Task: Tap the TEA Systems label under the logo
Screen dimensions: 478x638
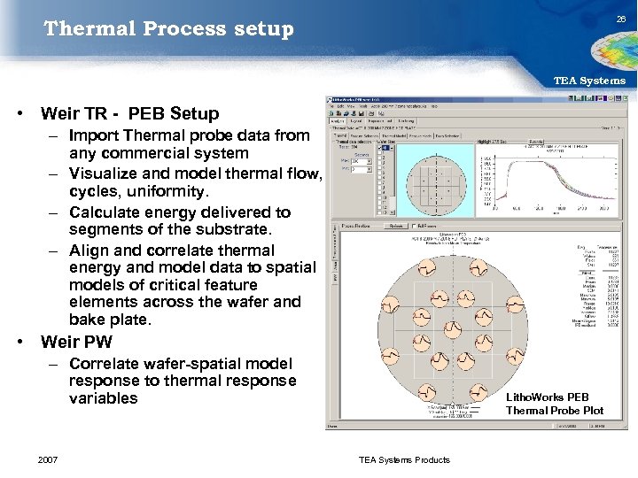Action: tap(589, 81)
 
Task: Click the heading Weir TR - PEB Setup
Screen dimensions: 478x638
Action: tap(129, 113)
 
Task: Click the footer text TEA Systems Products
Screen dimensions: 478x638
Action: tap(404, 459)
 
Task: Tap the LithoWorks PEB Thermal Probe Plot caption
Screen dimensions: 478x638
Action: tap(555, 404)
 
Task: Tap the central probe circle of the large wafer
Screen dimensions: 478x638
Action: tap(452, 329)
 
